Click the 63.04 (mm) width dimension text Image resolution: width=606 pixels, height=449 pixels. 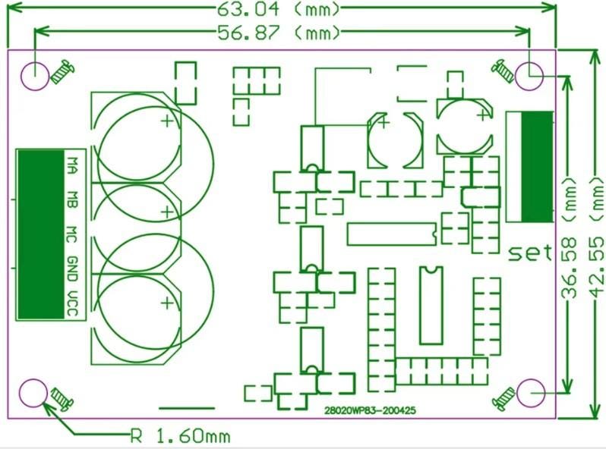click(278, 9)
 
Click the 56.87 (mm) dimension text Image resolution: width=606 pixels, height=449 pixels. click(278, 33)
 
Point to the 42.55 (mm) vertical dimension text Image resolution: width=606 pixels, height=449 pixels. click(597, 236)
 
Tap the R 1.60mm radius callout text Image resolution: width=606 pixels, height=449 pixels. click(180, 436)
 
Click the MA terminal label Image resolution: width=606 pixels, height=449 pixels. click(72, 165)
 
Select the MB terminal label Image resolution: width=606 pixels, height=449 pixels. click(72, 199)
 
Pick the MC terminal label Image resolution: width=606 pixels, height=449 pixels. click(72, 234)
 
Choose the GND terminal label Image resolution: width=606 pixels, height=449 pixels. click(72, 268)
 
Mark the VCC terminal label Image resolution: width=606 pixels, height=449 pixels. click(72, 303)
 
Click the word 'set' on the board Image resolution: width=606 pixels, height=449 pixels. click(530, 253)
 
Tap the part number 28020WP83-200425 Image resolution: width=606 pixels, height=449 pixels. click(370, 410)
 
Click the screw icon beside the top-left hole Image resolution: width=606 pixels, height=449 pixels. click(62, 72)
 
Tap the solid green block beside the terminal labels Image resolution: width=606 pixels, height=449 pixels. click(41, 234)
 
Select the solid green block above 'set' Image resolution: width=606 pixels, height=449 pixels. click(537, 167)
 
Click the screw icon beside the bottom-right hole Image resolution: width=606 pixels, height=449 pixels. click(504, 399)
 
